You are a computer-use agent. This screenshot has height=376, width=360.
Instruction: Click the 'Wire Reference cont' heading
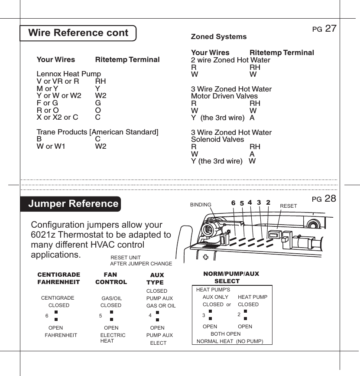pos(78,33)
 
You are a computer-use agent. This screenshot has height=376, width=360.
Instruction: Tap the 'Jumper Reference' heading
pos(73,204)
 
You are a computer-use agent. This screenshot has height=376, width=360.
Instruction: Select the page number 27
pos(331,29)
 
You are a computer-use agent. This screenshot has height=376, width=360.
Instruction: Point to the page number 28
pos(331,199)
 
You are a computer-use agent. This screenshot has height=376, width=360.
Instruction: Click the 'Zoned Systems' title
pos(219,37)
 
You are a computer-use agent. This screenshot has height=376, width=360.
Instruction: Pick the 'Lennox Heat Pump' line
pos(68,74)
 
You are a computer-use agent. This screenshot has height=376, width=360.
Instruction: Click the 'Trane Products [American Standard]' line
pos(97,132)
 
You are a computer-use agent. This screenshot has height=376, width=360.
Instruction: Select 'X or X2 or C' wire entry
pos(57,117)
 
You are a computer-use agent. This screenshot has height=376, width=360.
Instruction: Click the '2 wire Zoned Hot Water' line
pos(230,60)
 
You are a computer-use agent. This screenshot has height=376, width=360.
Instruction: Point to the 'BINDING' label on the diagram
pos(201,205)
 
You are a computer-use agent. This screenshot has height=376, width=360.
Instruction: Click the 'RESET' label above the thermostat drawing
pos(289,206)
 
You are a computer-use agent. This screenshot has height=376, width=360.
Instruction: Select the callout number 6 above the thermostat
pos(233,203)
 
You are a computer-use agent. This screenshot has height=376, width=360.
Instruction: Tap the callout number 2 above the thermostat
pos(268,203)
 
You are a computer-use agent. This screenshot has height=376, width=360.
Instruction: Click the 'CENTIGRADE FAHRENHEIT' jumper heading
pos(59,278)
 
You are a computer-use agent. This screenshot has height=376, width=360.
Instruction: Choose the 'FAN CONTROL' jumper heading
pos(111,278)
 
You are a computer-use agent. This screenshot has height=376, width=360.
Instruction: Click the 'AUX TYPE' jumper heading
pos(156,279)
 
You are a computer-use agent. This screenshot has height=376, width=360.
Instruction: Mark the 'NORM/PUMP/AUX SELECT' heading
pos(231,278)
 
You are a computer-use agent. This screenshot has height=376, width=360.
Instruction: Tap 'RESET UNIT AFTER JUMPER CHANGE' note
pos(141,261)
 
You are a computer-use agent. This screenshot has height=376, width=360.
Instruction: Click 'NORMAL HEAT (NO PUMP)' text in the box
pos(230,341)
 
